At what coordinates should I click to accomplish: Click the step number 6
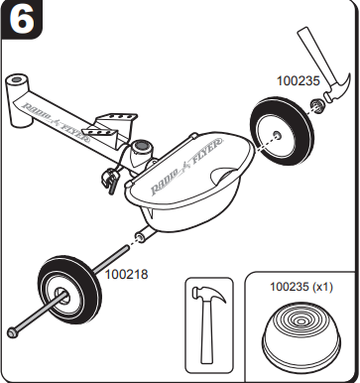[x=21, y=19]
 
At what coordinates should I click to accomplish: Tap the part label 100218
[x=126, y=274]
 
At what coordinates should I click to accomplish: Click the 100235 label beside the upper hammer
[x=299, y=81]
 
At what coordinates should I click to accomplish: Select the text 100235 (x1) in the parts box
[x=301, y=287]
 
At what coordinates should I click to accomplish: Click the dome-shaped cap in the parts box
[x=301, y=333]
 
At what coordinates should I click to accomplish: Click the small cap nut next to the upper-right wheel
[x=317, y=105]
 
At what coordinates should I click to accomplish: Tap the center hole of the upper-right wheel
[x=277, y=135]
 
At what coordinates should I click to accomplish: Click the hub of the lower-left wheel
[x=62, y=295]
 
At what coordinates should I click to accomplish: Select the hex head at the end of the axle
[x=12, y=332]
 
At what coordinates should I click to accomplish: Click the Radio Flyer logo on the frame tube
[x=56, y=121]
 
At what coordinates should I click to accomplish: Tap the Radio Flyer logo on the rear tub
[x=186, y=167]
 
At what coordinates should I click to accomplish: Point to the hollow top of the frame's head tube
[x=17, y=80]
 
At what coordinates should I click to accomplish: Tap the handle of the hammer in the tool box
[x=208, y=334]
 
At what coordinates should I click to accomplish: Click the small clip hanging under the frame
[x=109, y=182]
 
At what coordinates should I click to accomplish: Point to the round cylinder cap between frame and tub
[x=143, y=146]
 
